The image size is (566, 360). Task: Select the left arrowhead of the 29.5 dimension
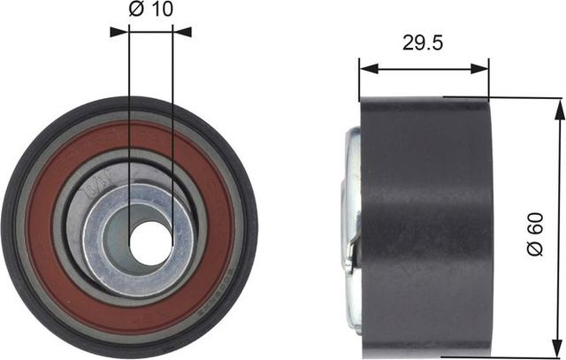pyautogui.click(x=364, y=67)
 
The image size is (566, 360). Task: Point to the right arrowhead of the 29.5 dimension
pyautogui.click(x=484, y=67)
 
